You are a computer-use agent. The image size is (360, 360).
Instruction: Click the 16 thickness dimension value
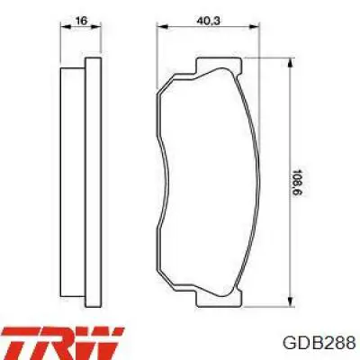tap(81, 21)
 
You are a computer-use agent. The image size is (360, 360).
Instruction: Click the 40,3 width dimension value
tap(209, 21)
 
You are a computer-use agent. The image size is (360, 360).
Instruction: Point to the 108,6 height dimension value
tap(297, 183)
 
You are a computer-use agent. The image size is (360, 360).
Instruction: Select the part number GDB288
tap(319, 343)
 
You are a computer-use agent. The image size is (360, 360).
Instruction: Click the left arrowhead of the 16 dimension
tap(66, 27)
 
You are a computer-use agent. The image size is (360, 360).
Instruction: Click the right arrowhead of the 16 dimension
tap(96, 27)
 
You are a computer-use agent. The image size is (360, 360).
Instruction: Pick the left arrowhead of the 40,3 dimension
tap(162, 27)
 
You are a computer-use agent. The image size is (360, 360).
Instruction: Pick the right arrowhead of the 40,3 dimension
tap(255, 27)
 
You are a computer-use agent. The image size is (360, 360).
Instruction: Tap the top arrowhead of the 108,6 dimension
tap(290, 63)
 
